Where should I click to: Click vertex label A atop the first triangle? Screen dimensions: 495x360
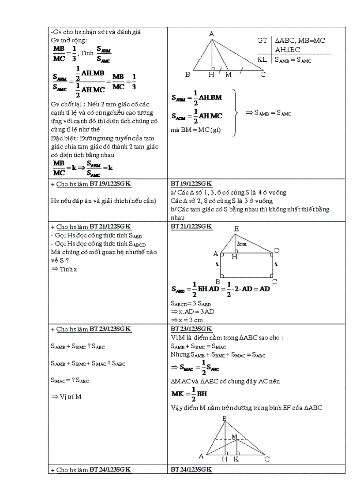coord(211,34)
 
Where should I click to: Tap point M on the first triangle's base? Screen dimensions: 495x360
coord(228,74)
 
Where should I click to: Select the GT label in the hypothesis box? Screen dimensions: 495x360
coord(262,40)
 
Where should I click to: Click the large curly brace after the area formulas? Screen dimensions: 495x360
coord(236,112)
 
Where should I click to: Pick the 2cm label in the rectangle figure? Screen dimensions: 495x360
coord(241,244)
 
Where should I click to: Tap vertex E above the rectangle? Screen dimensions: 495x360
coord(237,229)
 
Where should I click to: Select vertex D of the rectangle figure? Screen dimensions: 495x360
coord(277,250)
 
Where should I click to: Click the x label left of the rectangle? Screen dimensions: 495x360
coord(217,264)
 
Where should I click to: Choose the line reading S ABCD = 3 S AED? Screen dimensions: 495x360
coord(191,303)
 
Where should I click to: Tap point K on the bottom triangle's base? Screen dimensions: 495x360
coord(236,459)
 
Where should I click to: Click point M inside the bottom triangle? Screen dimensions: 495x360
coord(235,436)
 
